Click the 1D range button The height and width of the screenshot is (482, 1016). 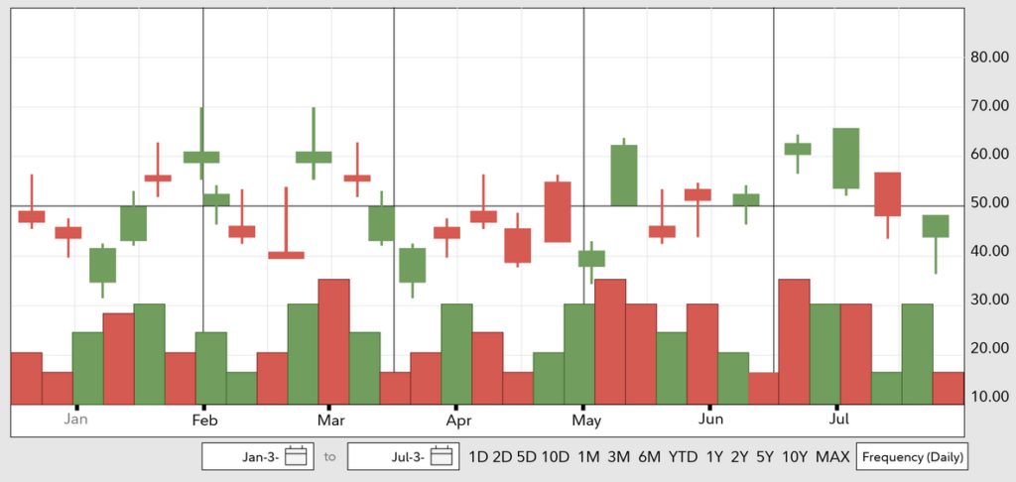[x=478, y=457]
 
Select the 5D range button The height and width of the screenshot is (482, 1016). [x=526, y=457]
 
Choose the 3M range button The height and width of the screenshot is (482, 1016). [x=619, y=457]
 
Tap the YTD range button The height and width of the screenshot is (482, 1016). [x=683, y=457]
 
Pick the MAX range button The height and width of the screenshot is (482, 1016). [x=832, y=457]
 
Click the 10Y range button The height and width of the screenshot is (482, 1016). [x=795, y=457]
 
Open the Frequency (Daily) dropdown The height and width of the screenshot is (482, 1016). [x=912, y=457]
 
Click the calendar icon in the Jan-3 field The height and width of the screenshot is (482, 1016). [x=295, y=457]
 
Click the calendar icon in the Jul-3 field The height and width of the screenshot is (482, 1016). [x=442, y=457]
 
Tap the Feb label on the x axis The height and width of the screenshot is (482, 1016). [x=203, y=420]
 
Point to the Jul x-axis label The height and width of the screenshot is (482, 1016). [x=837, y=420]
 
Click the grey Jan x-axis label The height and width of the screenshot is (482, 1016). [x=76, y=420]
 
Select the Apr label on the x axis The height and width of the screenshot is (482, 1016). [x=458, y=420]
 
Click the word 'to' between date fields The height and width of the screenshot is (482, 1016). [x=330, y=457]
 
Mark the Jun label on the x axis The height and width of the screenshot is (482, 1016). [x=710, y=420]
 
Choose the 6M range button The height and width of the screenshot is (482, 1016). [x=650, y=457]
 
